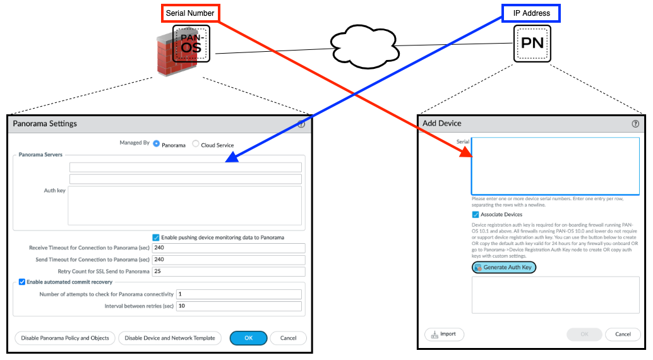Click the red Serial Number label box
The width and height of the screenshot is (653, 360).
coord(190,13)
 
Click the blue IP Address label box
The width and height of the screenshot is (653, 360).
coord(531,13)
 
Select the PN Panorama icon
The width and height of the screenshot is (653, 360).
coord(532,44)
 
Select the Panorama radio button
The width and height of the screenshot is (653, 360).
coord(157,144)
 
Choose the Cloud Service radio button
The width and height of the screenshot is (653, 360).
coord(196,144)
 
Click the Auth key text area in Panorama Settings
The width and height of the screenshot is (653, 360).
coord(184,205)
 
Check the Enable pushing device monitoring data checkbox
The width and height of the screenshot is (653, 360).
coord(156,237)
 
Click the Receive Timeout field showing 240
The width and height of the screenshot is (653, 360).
coord(228,248)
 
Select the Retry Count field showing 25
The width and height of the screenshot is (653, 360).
coord(228,272)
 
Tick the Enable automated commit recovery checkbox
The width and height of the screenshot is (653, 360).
coord(22,282)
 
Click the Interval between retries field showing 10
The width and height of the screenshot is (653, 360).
coord(239,306)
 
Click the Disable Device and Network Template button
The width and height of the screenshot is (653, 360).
coord(170,338)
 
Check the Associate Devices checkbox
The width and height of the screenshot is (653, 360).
coord(476,215)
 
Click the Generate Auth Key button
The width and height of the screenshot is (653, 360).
coord(504,268)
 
